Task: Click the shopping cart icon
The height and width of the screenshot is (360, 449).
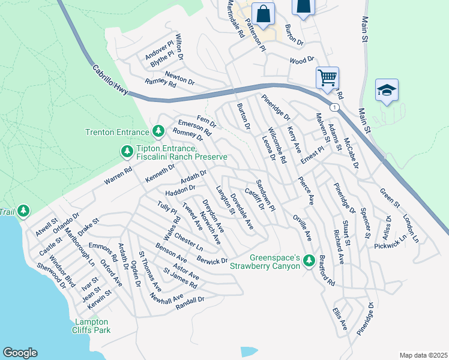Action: [x=327, y=77]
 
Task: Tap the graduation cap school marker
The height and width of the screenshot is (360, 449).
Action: [x=387, y=90]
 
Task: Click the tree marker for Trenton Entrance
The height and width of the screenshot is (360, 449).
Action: [x=158, y=130]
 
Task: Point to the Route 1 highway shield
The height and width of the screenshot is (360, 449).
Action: [x=334, y=107]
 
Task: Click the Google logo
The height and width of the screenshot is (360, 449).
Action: [x=20, y=353]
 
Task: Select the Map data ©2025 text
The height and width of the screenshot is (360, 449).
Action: [x=423, y=355]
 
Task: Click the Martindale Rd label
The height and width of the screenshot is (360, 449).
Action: [x=235, y=19]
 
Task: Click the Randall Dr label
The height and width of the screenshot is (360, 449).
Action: [x=190, y=303]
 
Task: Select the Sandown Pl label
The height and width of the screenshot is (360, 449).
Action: [x=265, y=195]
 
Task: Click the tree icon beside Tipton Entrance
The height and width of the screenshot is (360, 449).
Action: [x=127, y=152]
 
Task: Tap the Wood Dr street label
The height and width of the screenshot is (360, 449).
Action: [x=302, y=60]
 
